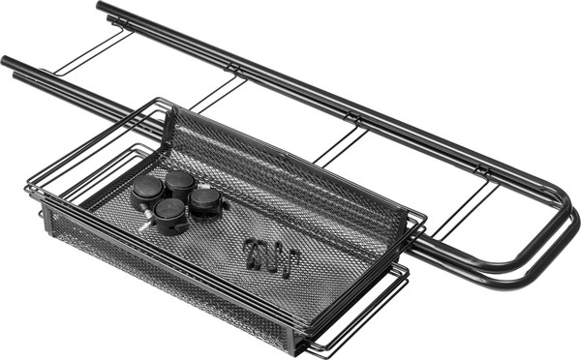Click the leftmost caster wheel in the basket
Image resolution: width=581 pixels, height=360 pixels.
click(x=146, y=190)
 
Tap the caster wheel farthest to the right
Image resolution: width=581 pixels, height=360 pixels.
click(x=204, y=200)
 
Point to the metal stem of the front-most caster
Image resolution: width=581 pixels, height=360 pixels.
click(x=146, y=225)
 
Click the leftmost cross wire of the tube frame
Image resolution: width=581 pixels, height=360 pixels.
click(x=92, y=53)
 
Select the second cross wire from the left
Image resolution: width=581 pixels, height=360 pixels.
click(x=217, y=94)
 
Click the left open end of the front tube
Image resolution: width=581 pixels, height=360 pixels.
click(x=7, y=62)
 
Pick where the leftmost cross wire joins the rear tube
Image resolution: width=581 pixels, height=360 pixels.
click(x=126, y=32)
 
